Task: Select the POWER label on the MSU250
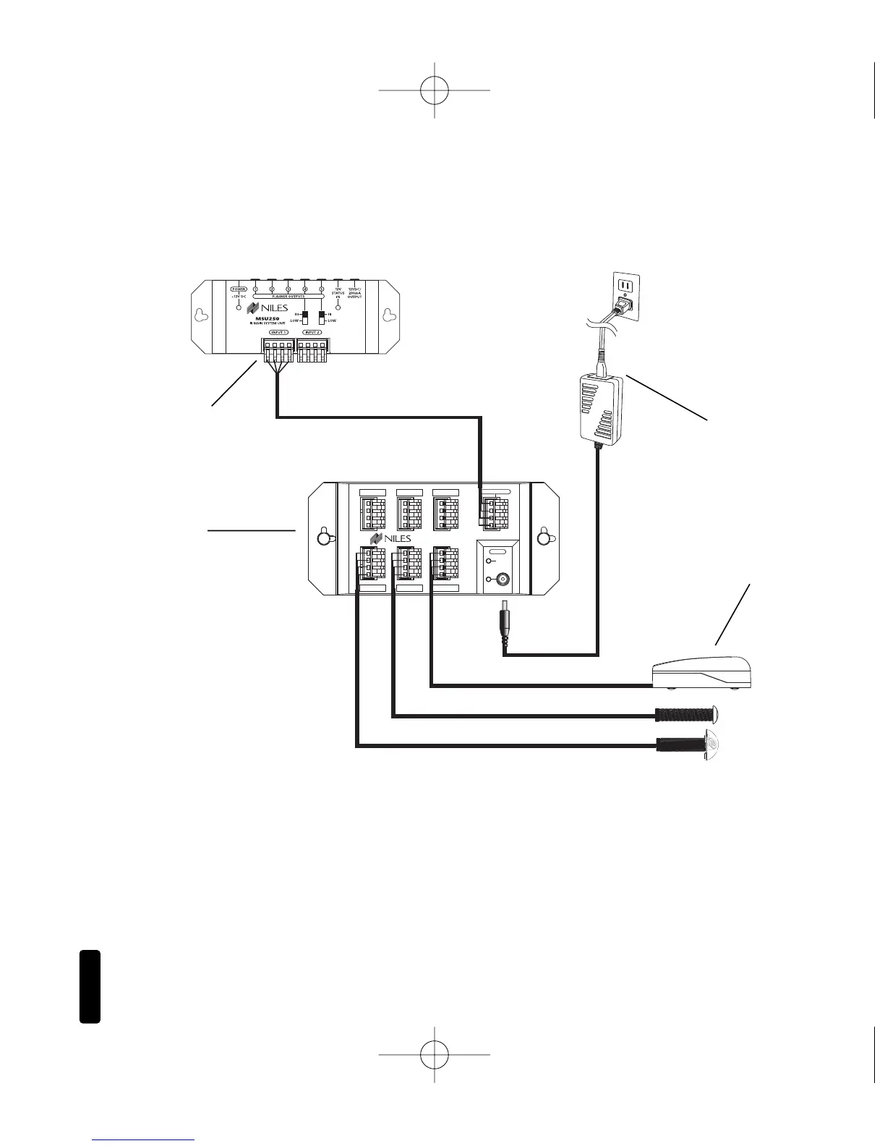[239, 289]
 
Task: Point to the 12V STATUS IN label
[338, 292]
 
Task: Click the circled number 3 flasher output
[288, 289]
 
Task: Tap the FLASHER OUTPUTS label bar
[288, 296]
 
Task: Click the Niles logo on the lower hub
[390, 539]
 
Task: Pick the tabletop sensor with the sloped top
[701, 674]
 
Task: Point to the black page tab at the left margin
[90, 987]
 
